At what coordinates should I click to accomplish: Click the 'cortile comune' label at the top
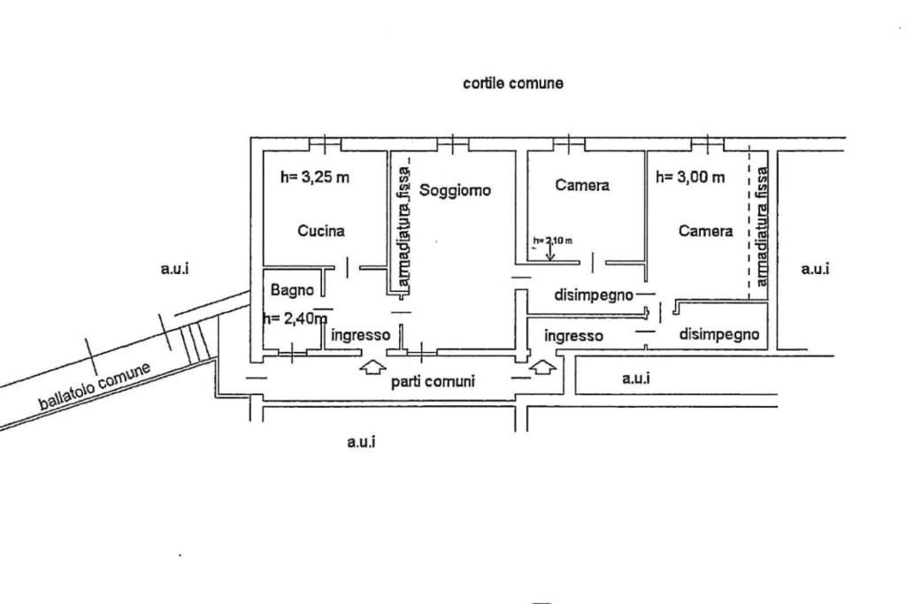click(x=513, y=83)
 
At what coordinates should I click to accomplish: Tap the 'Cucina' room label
click(x=321, y=231)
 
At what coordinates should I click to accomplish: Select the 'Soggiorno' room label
click(x=455, y=190)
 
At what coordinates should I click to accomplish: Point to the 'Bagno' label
click(x=293, y=289)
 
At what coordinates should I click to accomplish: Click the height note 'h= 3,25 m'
click(x=314, y=177)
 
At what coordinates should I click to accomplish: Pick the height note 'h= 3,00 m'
click(x=690, y=177)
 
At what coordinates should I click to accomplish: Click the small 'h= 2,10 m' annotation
click(x=552, y=240)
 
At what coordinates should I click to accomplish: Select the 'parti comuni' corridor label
click(x=433, y=382)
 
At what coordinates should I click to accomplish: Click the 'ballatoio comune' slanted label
click(x=95, y=386)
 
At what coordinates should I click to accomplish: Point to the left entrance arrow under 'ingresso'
click(x=372, y=364)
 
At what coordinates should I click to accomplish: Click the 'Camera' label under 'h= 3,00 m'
click(x=705, y=231)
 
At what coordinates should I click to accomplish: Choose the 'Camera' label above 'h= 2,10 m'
click(x=582, y=186)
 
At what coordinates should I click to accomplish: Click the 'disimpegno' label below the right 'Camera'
click(x=719, y=334)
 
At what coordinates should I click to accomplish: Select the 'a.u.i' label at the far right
click(x=815, y=268)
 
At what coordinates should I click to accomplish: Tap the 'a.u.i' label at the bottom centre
click(x=361, y=442)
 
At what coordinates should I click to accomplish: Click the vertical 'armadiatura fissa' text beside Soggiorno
click(x=403, y=227)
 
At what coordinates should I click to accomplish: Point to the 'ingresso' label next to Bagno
click(x=360, y=335)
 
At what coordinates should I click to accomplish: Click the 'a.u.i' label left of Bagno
click(x=175, y=268)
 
